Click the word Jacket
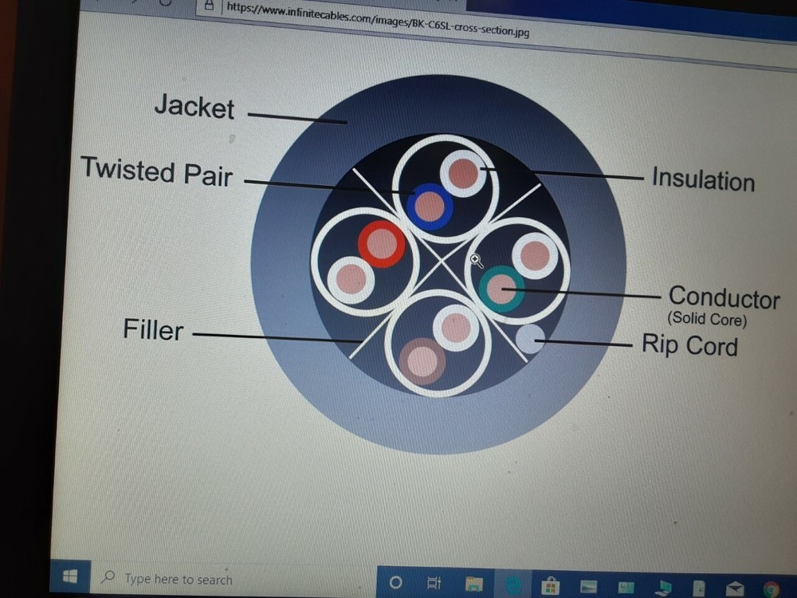coord(194,107)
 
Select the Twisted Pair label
coord(157,171)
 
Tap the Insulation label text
coord(702,179)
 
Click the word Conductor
coord(724,298)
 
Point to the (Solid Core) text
coord(707,321)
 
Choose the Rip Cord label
coord(689,346)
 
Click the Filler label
coord(153,329)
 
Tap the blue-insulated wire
coord(430,207)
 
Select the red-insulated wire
coord(382,244)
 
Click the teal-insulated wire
coord(501,289)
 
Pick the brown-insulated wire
coord(422,361)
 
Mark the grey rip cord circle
coord(530,339)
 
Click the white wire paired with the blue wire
coord(463,173)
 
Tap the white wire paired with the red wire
coord(351,279)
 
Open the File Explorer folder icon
coord(473,584)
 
